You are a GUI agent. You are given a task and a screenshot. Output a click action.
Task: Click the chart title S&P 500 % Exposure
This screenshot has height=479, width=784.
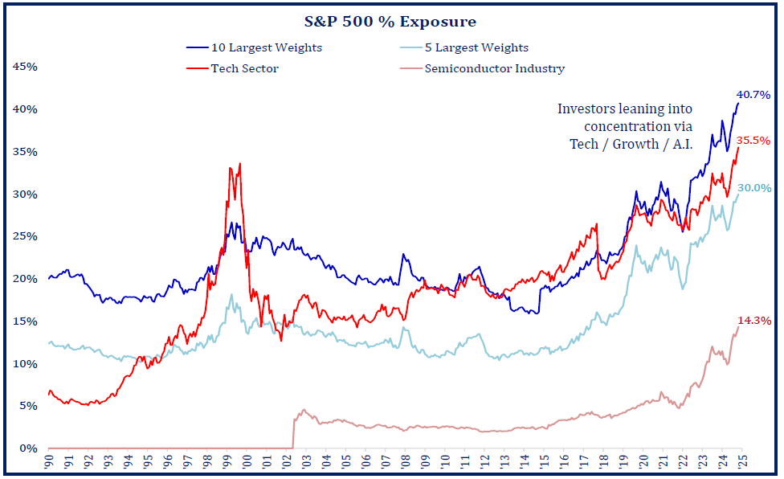click(x=392, y=22)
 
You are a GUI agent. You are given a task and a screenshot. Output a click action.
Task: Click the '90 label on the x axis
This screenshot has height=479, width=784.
click(x=50, y=464)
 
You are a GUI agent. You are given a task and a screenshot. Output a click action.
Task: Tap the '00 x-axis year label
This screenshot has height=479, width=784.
click(x=246, y=464)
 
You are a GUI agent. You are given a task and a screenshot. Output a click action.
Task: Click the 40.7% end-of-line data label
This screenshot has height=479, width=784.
click(x=753, y=95)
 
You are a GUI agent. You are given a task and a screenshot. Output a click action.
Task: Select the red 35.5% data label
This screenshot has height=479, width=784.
click(x=753, y=141)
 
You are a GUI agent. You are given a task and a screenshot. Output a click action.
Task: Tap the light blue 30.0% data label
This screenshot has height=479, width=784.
click(x=755, y=188)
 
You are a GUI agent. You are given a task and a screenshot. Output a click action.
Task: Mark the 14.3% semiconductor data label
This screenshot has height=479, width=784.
click(x=755, y=321)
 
